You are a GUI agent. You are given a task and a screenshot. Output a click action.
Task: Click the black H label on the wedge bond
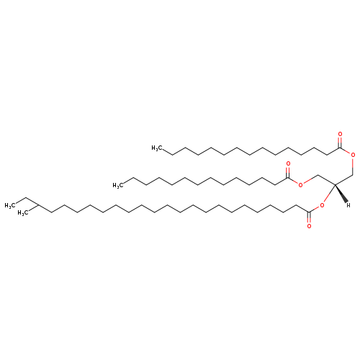(x=348, y=205)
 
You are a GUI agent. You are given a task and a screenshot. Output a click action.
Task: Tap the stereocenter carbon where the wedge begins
(x=335, y=184)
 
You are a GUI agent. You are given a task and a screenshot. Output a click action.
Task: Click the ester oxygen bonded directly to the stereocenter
(x=322, y=205)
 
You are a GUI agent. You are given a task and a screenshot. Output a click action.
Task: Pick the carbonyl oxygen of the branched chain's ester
(x=309, y=226)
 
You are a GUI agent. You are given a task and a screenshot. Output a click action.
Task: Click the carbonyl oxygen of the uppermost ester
(x=340, y=134)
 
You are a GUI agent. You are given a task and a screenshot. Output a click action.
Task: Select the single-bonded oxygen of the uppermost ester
(x=353, y=155)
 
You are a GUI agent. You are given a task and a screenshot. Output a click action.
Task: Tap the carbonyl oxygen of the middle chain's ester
(x=288, y=164)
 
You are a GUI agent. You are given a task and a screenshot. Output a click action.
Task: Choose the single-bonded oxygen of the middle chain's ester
(x=300, y=184)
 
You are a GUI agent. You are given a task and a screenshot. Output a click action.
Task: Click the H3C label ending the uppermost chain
(x=156, y=148)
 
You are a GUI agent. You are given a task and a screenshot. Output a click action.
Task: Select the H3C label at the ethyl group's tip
(x=9, y=205)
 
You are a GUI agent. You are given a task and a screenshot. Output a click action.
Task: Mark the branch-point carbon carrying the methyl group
(x=38, y=205)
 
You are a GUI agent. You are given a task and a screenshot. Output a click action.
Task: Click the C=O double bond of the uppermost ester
(x=340, y=143)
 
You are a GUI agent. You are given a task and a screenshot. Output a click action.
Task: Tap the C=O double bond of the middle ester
(x=288, y=172)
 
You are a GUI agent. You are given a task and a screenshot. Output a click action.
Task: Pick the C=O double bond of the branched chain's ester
(x=309, y=217)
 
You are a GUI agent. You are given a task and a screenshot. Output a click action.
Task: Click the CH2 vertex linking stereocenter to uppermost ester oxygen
(x=353, y=175)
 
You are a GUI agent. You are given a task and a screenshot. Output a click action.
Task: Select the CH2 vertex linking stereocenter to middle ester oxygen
(x=318, y=175)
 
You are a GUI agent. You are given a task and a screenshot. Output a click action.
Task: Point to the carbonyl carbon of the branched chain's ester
(x=309, y=212)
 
